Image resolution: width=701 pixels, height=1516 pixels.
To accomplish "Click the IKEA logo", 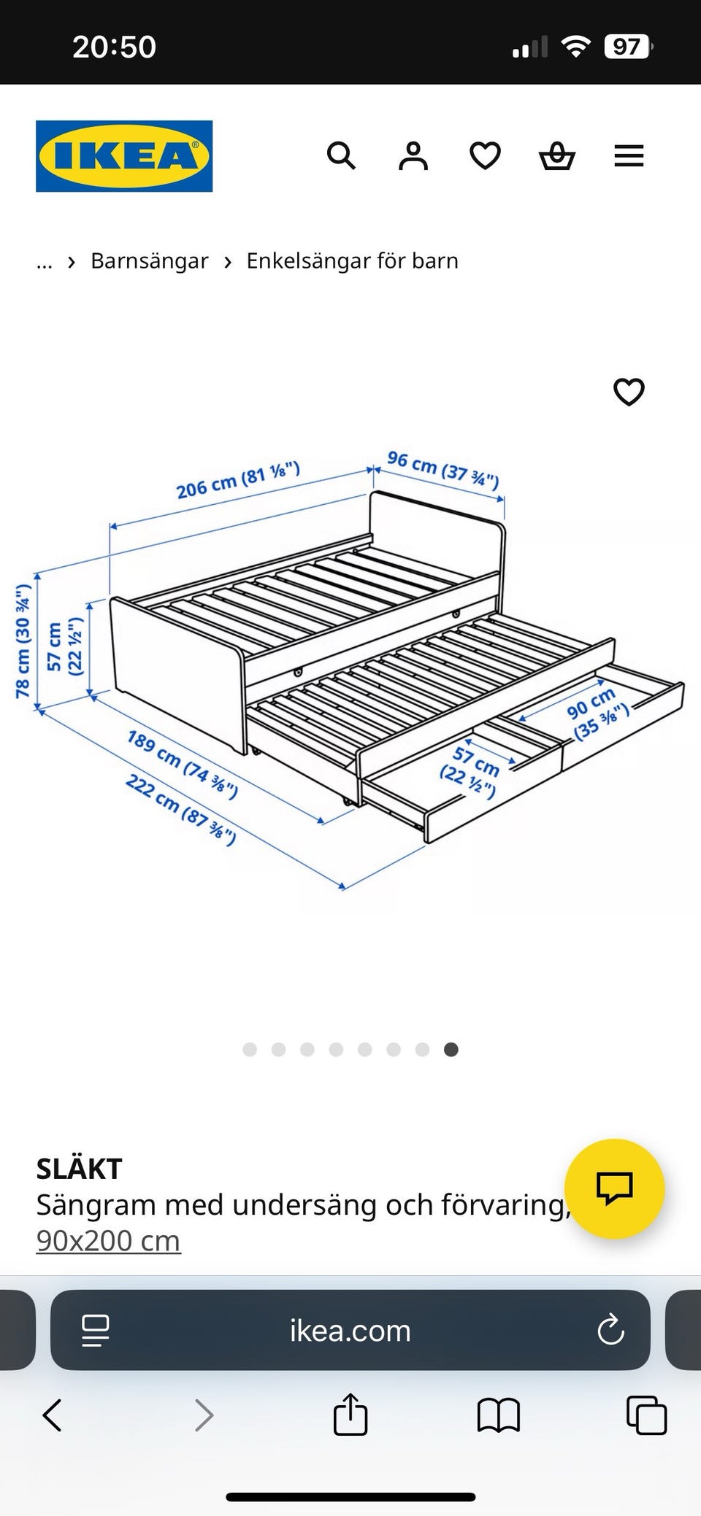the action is [x=124, y=156].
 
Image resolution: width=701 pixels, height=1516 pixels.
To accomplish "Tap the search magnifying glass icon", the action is [x=341, y=155].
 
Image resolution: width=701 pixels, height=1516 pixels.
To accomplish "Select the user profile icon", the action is [x=413, y=156].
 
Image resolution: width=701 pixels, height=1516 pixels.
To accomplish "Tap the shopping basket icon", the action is [x=557, y=156].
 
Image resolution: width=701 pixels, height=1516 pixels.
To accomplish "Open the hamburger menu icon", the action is [x=629, y=156].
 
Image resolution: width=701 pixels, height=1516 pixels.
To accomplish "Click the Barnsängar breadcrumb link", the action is [x=150, y=260].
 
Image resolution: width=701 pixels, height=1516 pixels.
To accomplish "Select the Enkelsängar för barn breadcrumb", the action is [x=352, y=260].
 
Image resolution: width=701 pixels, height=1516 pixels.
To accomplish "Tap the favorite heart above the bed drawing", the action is [x=629, y=392].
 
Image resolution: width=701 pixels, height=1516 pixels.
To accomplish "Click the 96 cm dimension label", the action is [x=443, y=470].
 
